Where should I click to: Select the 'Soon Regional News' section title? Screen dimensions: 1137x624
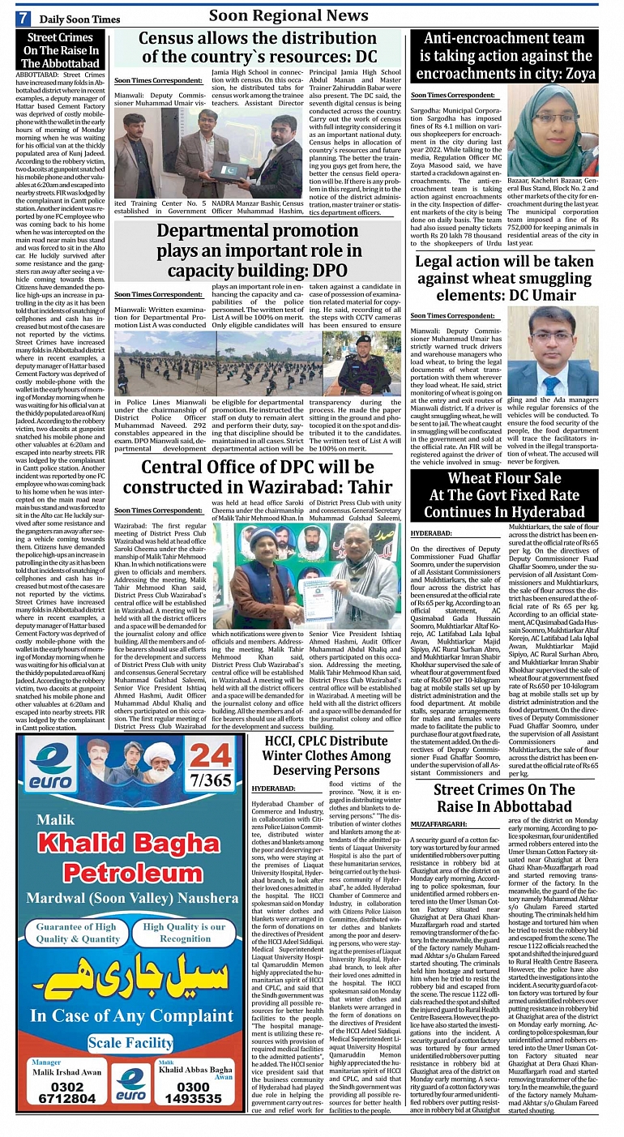(x=288, y=15)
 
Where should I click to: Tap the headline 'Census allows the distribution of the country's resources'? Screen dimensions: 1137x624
(x=257, y=47)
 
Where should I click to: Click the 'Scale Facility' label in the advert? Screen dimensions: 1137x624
(x=130, y=1042)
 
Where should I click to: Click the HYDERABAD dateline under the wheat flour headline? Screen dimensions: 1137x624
(x=431, y=534)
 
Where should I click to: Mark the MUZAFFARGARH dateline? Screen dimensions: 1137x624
(x=438, y=823)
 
